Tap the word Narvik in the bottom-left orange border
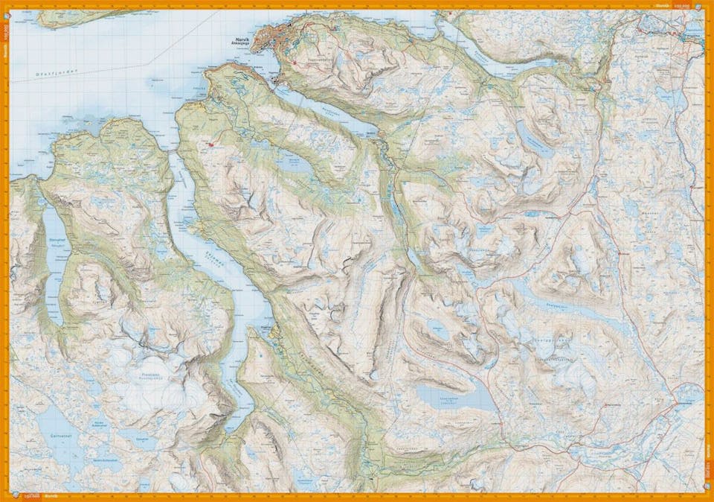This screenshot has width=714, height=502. point(50,495)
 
